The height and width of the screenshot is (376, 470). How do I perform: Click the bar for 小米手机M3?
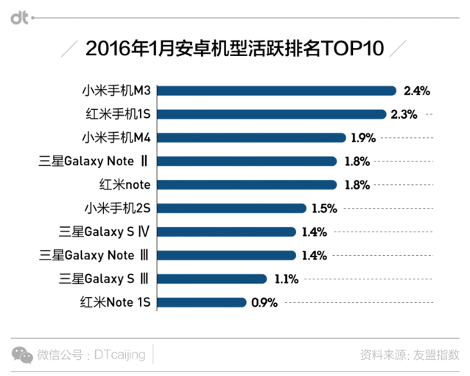(x=278, y=91)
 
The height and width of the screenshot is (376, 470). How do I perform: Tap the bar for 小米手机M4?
(x=252, y=138)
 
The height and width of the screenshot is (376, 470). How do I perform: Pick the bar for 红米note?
(x=248, y=184)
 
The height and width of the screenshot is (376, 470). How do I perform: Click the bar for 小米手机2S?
(x=232, y=208)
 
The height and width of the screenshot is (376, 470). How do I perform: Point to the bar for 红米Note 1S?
(x=202, y=302)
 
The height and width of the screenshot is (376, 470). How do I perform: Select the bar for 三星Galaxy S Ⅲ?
(x=212, y=279)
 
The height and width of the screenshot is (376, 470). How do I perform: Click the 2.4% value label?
(x=417, y=91)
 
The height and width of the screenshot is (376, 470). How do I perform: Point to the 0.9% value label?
(x=264, y=302)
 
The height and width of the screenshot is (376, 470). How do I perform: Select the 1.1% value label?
(x=285, y=279)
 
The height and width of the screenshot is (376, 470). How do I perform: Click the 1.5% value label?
(x=324, y=208)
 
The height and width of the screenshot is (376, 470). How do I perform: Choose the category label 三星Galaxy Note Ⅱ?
(x=97, y=161)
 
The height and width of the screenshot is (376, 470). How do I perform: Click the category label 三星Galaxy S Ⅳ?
(x=105, y=231)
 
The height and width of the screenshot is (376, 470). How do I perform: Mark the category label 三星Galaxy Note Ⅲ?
(x=97, y=255)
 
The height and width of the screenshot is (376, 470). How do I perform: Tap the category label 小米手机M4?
(x=116, y=138)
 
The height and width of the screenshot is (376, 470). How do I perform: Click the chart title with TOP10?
(x=235, y=49)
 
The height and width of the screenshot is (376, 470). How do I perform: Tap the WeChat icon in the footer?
(x=22, y=354)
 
